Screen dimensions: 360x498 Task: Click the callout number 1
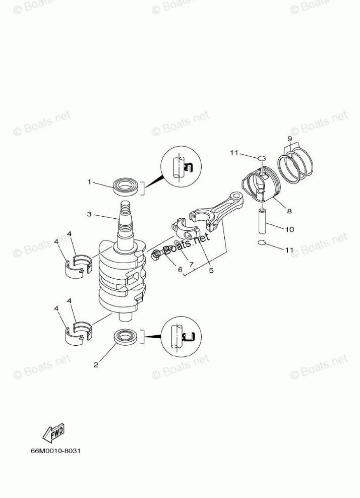(89, 182)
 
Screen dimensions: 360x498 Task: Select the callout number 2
(96, 365)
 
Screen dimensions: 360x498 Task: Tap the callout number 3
(89, 214)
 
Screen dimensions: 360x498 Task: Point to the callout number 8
(289, 211)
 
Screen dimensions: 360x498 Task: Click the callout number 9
(290, 139)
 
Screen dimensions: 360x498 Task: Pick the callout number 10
(290, 229)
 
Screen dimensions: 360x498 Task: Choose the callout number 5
(211, 271)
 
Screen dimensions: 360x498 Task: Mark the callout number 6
(180, 270)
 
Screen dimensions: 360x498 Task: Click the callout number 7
(191, 264)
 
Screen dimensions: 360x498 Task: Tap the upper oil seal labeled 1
(126, 188)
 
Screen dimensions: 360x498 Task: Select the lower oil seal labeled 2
(126, 337)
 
